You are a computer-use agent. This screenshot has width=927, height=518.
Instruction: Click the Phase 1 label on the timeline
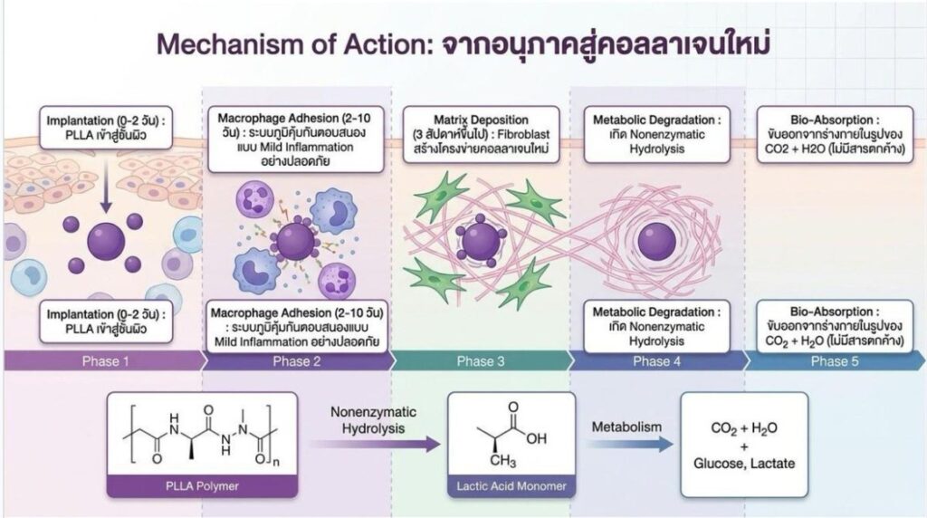[x=105, y=361]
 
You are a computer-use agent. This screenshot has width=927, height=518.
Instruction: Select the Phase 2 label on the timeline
[x=297, y=361]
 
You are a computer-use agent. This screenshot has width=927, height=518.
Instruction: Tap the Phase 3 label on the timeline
[x=481, y=361]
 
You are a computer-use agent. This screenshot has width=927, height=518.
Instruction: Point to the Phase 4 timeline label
[x=657, y=361]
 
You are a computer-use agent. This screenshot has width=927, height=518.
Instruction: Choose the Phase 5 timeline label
[x=835, y=361]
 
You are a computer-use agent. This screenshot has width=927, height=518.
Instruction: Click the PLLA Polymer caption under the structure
[x=202, y=486]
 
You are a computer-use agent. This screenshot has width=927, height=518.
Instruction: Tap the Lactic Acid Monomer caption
[x=511, y=486]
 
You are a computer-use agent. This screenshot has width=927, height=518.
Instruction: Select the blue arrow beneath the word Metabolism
[x=630, y=444]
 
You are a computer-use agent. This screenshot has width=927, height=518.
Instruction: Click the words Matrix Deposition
[x=482, y=120]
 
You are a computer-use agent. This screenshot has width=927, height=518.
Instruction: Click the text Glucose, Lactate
[x=744, y=463]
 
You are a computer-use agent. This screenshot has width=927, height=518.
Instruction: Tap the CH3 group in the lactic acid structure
[x=502, y=460]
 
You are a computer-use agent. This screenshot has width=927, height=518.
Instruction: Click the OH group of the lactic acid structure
[x=536, y=438]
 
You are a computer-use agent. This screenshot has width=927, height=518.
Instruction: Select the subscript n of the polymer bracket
[x=276, y=463]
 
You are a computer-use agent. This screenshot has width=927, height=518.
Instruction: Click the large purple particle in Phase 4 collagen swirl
[x=657, y=241]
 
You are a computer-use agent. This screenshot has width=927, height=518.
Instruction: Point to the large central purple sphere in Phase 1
[x=107, y=241]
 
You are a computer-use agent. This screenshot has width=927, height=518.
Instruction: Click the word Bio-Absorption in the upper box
[x=831, y=120]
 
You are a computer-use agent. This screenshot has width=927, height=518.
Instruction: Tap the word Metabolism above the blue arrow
[x=626, y=427]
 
